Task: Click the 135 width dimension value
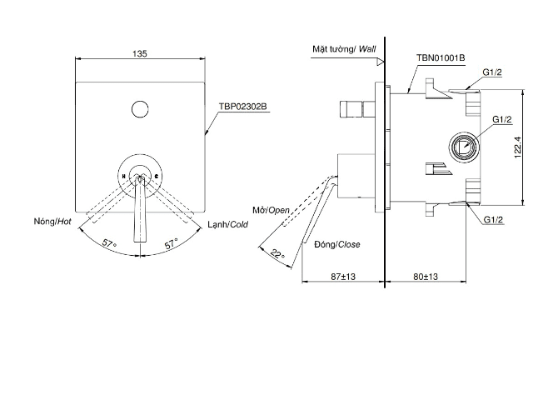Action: click(x=141, y=52)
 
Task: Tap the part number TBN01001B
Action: click(x=440, y=57)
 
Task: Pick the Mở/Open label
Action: click(x=270, y=210)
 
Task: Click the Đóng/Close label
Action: click(x=337, y=244)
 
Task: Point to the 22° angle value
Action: click(x=277, y=255)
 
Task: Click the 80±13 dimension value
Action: click(x=426, y=276)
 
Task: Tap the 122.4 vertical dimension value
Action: click(x=517, y=148)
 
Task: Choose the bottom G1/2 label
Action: click(x=492, y=219)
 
